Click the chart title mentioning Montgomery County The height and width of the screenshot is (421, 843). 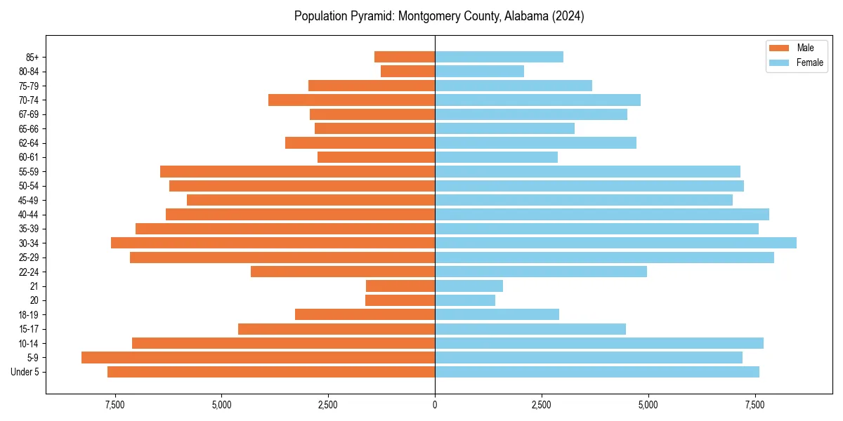click(439, 16)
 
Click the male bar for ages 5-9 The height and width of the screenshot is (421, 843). click(258, 358)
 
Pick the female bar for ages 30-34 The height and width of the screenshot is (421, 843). click(615, 243)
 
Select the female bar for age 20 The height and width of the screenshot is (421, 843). click(465, 300)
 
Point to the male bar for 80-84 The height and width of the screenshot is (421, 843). click(407, 71)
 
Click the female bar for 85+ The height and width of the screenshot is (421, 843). click(499, 57)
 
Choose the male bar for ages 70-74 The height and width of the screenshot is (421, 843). click(351, 100)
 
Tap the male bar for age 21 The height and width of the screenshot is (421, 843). click(400, 286)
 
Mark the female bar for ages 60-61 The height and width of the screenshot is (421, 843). click(496, 157)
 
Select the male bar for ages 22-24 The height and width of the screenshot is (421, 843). click(343, 272)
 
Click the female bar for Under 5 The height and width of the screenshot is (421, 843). click(597, 372)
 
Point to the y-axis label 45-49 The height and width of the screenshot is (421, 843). click(28, 200)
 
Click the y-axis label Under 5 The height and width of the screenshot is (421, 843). click(25, 372)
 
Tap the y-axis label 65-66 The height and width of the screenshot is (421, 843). click(28, 128)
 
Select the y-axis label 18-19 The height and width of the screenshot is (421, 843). click(28, 315)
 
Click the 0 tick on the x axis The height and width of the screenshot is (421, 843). click(435, 406)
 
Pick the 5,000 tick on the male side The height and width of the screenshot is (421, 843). click(221, 406)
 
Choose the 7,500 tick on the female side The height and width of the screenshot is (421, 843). click(755, 406)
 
